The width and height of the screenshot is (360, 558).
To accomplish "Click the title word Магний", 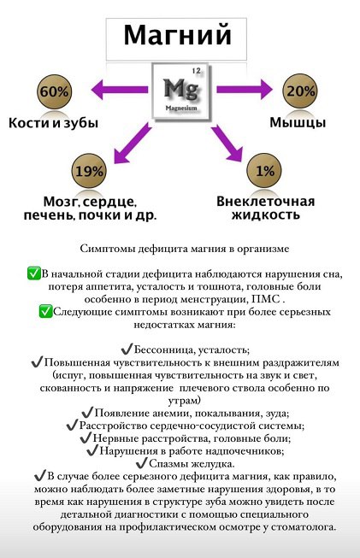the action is pos(177,36).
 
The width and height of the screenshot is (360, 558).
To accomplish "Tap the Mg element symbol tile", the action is pos(180,91).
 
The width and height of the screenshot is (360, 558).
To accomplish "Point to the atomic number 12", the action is pos(196,70).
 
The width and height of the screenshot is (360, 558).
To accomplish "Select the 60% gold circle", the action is pos(54,91).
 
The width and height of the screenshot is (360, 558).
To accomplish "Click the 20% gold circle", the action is pos(300,91).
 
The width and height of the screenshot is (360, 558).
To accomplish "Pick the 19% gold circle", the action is pos(89,172).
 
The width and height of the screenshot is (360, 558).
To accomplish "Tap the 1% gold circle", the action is pos(264,171).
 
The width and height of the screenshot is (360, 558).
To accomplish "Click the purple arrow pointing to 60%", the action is pos(120,90).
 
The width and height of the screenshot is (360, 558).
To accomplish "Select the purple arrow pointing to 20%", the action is pos(244,89).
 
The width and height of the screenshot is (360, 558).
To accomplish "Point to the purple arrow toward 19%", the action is pos(133,143).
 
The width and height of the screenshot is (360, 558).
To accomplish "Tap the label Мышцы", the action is pos(298,123).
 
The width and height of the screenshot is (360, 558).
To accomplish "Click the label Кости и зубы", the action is pos(53,123).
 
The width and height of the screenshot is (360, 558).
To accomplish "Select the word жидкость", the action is pos(266,215).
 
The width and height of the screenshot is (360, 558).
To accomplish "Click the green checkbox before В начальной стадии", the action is pos(34,273).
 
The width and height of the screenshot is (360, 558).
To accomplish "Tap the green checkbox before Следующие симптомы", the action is pos(45,311).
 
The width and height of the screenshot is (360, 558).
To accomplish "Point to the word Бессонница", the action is pos(164,349).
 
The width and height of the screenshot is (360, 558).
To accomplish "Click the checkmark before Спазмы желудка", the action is pos(141,463).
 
